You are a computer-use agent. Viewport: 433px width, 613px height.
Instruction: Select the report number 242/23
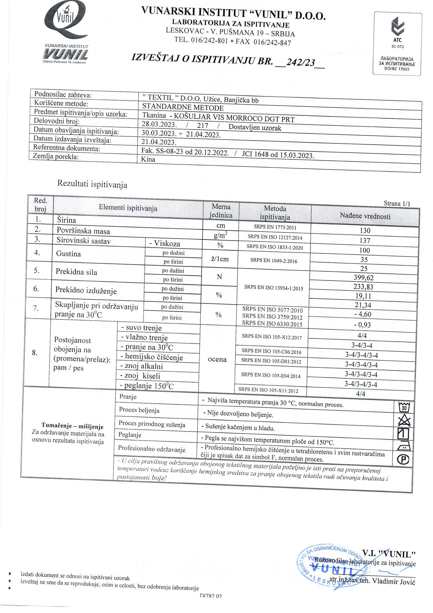click(300, 63)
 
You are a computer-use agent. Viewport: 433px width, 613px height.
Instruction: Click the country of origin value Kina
click(148, 159)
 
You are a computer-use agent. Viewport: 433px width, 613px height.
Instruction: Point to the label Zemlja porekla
click(56, 156)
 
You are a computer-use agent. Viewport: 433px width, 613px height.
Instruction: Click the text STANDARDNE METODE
click(183, 107)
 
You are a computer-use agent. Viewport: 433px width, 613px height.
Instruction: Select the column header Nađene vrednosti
click(365, 216)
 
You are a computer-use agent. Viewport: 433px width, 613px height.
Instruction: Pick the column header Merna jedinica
click(221, 211)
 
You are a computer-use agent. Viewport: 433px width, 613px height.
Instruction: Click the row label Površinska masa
click(83, 231)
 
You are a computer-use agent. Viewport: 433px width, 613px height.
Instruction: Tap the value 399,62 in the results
click(364, 278)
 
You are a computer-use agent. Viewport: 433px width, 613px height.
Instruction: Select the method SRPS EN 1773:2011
click(275, 227)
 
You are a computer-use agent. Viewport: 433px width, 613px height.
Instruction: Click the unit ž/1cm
click(220, 259)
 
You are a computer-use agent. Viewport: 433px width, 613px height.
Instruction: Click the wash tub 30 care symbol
click(404, 407)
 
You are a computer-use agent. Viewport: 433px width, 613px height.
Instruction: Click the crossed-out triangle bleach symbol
click(404, 420)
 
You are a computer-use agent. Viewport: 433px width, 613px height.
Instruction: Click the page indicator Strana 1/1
click(397, 204)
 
